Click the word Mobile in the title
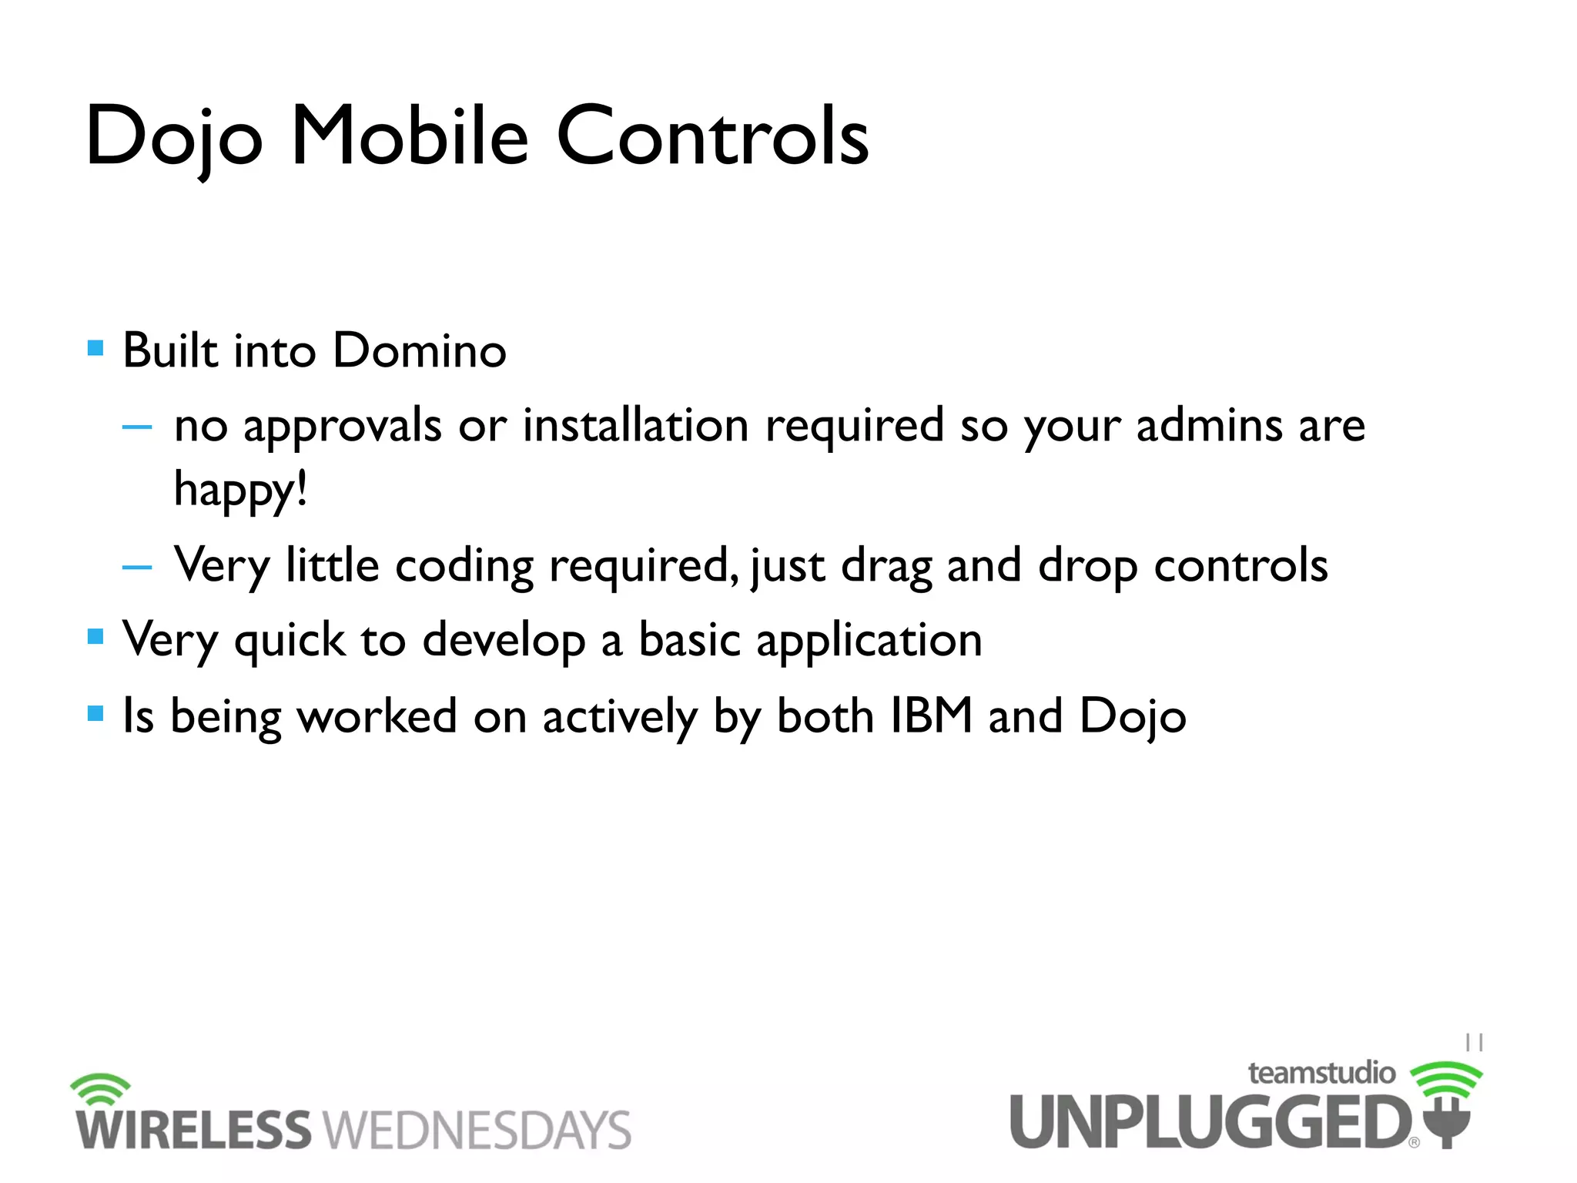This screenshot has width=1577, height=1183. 409,136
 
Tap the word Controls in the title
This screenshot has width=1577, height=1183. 712,136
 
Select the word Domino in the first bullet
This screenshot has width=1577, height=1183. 420,351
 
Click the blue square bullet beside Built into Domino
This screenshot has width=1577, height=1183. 95,348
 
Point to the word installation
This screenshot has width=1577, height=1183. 635,425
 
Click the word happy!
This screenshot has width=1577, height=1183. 241,490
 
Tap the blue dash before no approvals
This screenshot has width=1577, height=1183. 137,426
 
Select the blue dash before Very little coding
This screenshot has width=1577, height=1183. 137,567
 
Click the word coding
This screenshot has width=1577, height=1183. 464,566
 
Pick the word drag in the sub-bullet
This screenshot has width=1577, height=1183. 886,566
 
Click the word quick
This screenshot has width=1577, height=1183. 290,641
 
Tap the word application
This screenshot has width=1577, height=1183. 869,641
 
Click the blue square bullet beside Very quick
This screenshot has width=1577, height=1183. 95,636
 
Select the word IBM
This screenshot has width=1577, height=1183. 931,716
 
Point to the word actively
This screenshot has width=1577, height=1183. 620,717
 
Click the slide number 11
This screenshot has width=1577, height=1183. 1474,1043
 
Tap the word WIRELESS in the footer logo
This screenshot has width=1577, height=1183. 193,1131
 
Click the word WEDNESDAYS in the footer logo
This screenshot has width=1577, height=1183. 477,1131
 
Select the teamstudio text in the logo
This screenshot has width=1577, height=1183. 1321,1073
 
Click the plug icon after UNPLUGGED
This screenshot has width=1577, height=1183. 1447,1121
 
